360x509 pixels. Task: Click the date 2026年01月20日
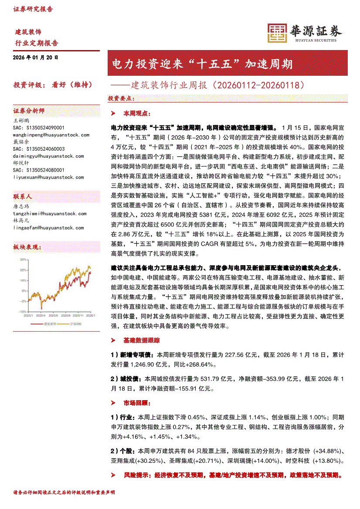coord(36,57)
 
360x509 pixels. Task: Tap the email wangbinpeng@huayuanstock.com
coord(51,135)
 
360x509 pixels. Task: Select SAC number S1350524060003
coord(39,149)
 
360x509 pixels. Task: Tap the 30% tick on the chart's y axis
coord(23,259)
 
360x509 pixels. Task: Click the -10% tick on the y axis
coord(22,312)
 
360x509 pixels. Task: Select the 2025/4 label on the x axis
coord(41,315)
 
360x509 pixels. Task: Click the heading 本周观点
coord(136,113)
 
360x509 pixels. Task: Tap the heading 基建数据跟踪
coord(142,340)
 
